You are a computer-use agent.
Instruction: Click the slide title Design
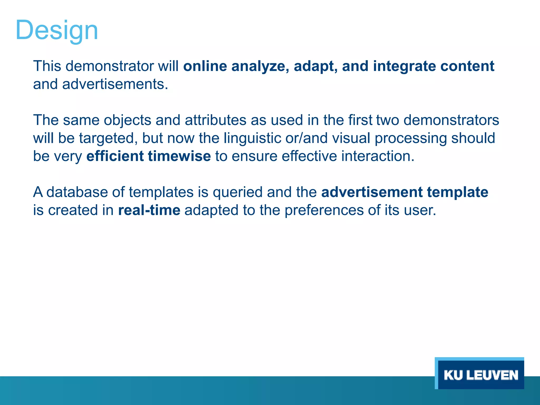pos(57,30)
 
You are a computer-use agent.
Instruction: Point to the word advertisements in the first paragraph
pos(115,84)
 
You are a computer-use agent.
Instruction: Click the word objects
pos(127,120)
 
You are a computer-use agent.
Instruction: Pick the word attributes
pos(215,120)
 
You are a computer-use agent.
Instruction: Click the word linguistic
pos(252,138)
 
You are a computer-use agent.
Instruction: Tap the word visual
pos(351,138)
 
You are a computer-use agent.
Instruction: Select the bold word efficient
pos(115,156)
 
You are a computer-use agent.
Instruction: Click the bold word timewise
pos(179,156)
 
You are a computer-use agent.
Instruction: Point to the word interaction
pos(378,156)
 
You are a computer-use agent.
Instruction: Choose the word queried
pos(238,192)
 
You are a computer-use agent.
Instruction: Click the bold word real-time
pos(149,210)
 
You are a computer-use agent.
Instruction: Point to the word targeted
pos(108,138)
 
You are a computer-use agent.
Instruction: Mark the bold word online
pos(205,66)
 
